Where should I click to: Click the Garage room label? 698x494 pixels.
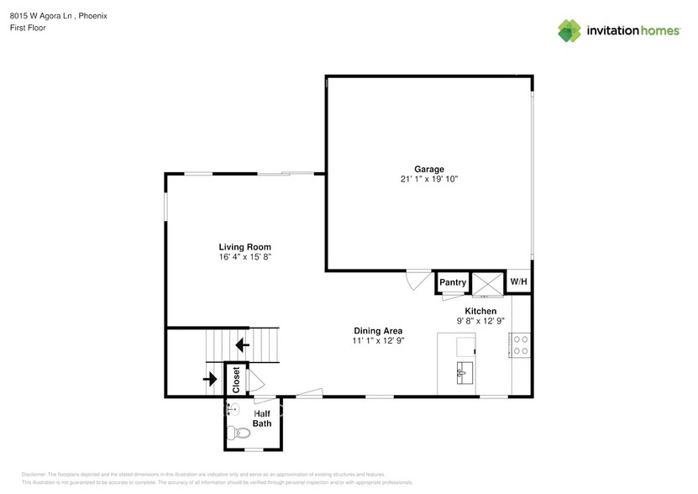tap(428, 169)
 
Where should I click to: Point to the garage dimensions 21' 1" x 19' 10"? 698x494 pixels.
tap(428, 179)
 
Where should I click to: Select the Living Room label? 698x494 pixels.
tap(244, 247)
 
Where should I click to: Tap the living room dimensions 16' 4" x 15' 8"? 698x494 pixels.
tap(244, 257)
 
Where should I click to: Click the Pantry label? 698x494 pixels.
tap(453, 283)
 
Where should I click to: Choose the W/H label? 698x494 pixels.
tap(518, 281)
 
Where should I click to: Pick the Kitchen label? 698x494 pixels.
tap(480, 311)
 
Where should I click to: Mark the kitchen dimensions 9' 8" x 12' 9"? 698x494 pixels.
tap(480, 321)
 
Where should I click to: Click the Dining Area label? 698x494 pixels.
tap(377, 331)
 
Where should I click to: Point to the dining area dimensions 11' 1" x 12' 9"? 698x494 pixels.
tap(377, 341)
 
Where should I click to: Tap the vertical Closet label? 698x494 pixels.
tap(236, 380)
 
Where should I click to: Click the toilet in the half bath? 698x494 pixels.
tap(241, 434)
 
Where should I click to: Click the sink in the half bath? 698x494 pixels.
tap(233, 410)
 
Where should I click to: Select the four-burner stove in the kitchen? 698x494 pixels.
tap(520, 344)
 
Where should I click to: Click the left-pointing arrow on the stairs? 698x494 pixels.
tap(243, 344)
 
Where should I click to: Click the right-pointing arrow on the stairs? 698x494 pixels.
tap(208, 378)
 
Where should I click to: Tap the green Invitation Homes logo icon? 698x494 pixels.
tap(569, 31)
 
